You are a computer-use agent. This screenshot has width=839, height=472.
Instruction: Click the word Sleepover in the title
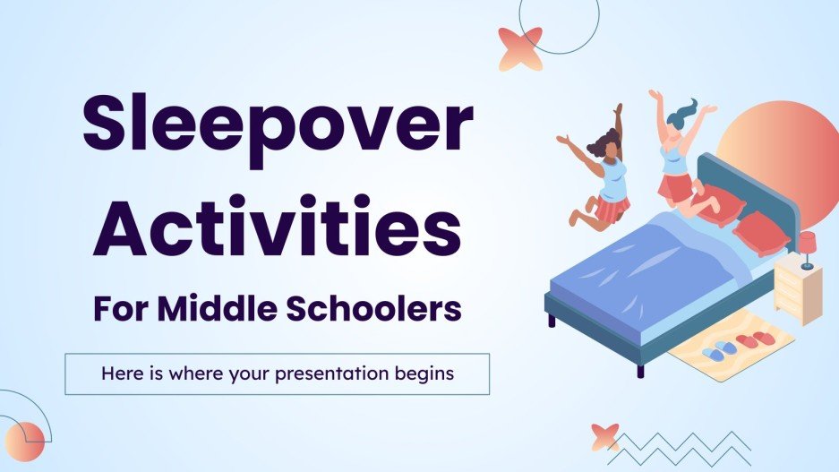277,126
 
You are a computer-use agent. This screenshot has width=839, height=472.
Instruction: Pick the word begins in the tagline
425,373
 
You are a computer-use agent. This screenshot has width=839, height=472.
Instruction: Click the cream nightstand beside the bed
797,287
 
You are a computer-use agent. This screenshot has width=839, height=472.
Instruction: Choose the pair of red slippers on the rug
758,338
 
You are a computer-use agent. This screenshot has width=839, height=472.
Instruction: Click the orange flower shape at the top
520,48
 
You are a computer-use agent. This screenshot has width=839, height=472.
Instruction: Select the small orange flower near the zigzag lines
605,437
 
